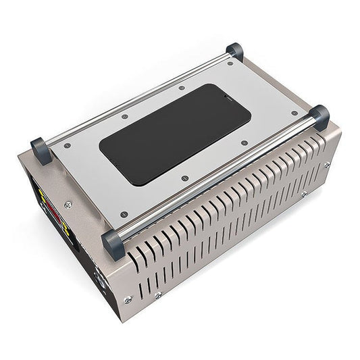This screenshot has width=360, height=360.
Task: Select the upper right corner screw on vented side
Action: [x=327, y=164]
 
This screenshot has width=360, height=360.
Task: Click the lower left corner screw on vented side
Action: [x=127, y=299]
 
